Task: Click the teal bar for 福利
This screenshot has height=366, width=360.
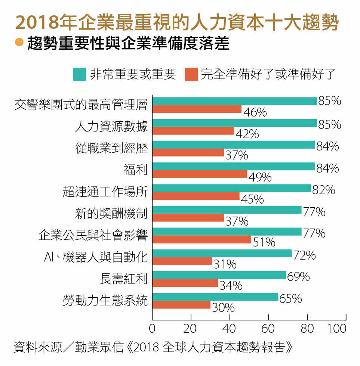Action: (234, 167)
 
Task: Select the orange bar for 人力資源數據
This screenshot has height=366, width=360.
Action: (193, 131)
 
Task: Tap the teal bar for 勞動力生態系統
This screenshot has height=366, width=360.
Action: (215, 297)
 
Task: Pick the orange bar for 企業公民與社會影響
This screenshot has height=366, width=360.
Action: (201, 239)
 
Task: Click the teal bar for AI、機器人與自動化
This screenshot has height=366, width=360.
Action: (222, 254)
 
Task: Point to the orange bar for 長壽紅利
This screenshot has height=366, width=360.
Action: (185, 283)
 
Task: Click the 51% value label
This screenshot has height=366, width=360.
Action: (264, 242)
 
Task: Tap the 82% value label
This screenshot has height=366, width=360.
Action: (323, 190)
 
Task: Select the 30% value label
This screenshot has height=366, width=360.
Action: (223, 308)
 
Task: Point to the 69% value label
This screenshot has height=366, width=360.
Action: (298, 277)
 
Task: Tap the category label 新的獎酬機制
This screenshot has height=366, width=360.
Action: (112, 214)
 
